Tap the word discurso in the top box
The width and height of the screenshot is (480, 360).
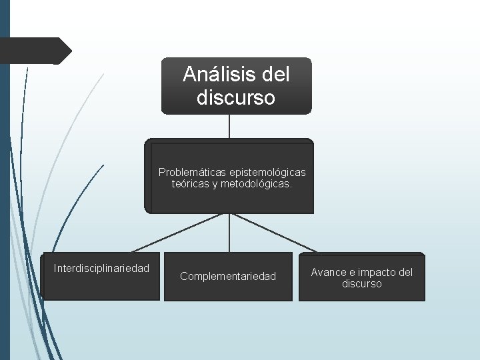pos(236,98)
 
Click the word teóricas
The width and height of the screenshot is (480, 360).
pos(190,184)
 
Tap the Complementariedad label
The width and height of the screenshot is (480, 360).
pos(228,276)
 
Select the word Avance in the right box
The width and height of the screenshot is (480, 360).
pos(329,272)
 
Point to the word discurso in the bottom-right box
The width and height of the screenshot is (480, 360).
pos(362,284)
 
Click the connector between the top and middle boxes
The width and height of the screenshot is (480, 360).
pos(229,126)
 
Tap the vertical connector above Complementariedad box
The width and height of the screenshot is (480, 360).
pos(229,233)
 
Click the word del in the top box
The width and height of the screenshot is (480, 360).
pos(277,74)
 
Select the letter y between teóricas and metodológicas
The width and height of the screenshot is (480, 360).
pos(215,185)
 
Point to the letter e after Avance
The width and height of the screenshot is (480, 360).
pos(350,272)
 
